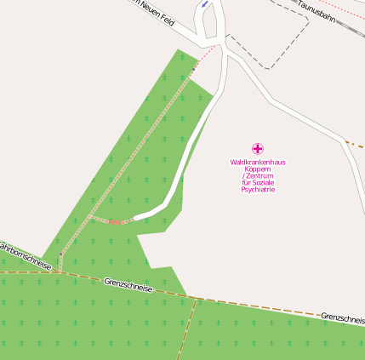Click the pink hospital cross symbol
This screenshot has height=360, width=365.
coord(258,148)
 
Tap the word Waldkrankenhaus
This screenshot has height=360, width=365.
coord(258,162)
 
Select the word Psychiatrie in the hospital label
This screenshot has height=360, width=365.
coord(258,189)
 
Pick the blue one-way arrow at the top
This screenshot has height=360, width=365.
coord(204,4)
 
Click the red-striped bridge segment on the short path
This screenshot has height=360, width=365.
coord(114,222)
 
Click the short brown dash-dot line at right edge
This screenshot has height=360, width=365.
coord(355,145)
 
